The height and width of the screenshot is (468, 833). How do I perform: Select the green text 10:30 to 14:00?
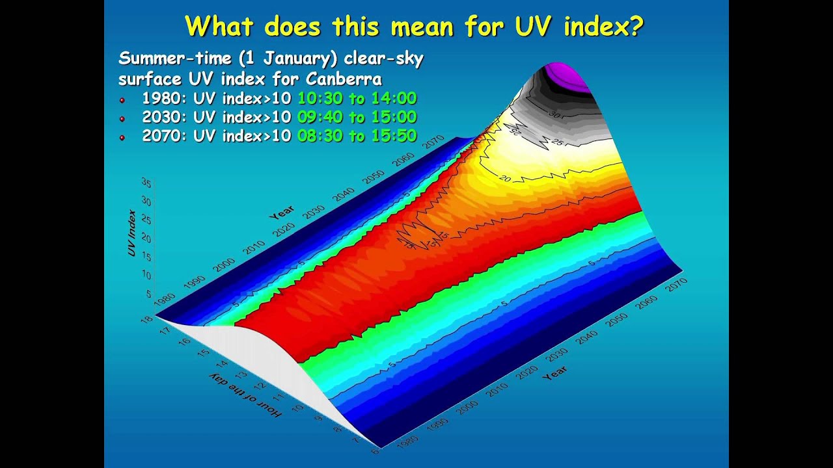tap(357, 99)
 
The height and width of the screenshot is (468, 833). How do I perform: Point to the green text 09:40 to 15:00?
tap(357, 118)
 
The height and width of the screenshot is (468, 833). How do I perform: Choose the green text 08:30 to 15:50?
tap(357, 136)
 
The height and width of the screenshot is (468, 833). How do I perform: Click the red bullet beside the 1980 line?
tap(122, 100)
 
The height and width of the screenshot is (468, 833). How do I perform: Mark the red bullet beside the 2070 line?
tap(122, 138)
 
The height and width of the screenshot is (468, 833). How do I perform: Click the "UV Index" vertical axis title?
tap(132, 232)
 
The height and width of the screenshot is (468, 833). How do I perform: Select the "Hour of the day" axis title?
tap(245, 395)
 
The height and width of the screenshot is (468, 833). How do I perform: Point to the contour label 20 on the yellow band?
tap(505, 177)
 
